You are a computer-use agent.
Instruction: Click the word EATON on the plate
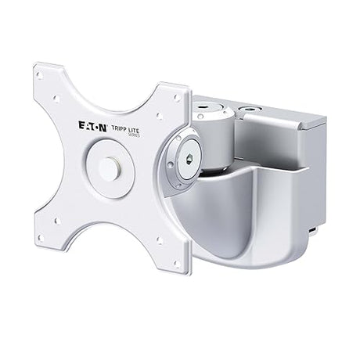95,124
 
